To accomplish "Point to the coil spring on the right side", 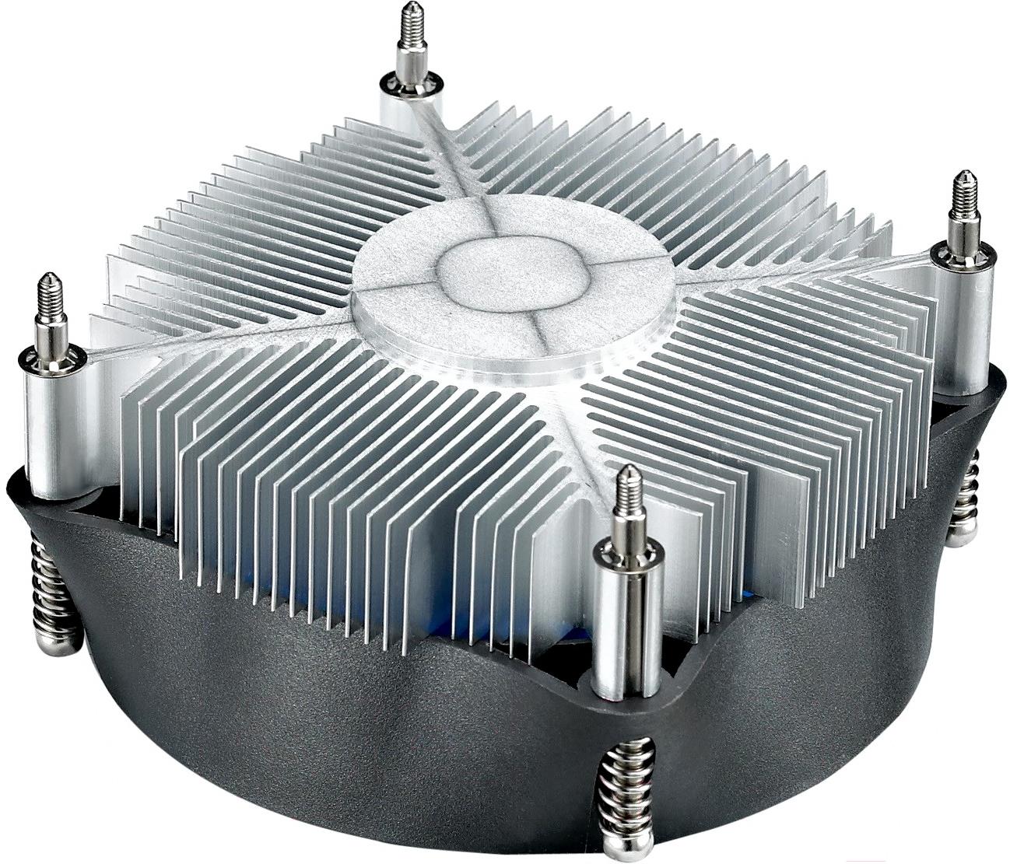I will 969,490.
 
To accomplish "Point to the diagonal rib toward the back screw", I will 451,156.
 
